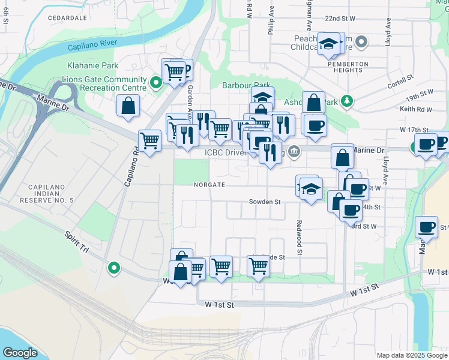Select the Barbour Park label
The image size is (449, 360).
(x=247, y=86)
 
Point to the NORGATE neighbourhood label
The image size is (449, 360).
(x=208, y=185)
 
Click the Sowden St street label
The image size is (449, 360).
(x=265, y=202)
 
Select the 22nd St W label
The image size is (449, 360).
(x=340, y=19)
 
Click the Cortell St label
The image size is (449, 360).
(x=402, y=82)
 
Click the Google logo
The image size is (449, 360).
(x=20, y=352)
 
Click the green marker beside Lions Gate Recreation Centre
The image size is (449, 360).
(x=156, y=83)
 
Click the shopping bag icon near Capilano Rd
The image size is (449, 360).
(x=129, y=106)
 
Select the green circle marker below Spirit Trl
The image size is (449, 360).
(x=113, y=268)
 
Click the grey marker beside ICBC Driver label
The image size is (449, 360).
(x=294, y=151)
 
